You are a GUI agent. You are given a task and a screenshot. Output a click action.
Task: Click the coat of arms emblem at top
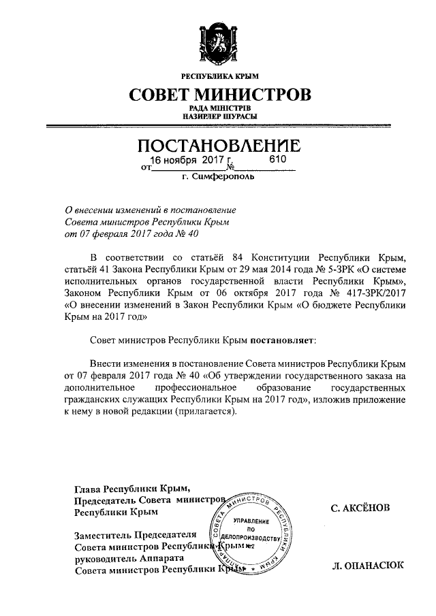click(218, 42)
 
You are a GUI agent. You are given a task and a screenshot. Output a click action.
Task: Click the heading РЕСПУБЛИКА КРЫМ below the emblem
click(218, 76)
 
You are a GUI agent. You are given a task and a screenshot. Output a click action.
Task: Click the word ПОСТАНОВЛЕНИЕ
click(218, 146)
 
